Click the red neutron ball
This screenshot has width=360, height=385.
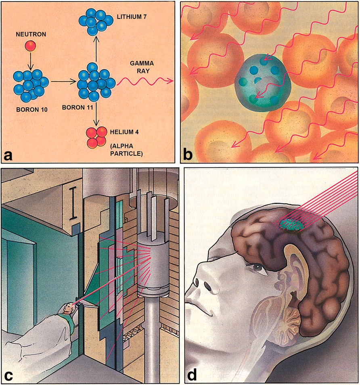tap(30, 46)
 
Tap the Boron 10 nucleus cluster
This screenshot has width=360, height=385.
tap(31, 84)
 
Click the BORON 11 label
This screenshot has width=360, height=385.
tap(74, 108)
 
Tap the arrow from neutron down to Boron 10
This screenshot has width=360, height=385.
tap(30, 61)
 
